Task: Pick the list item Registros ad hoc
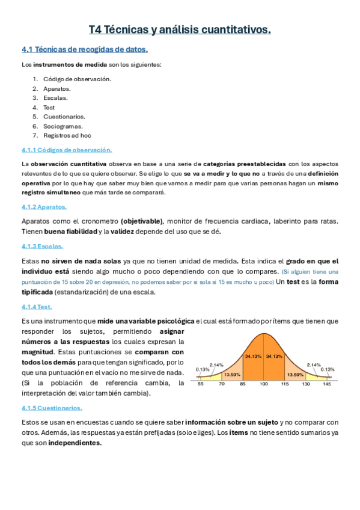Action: tap(67, 136)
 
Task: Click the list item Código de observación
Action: tap(77, 79)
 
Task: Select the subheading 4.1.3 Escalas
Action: tap(42, 246)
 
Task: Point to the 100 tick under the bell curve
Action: tap(263, 383)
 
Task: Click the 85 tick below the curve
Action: tap(242, 383)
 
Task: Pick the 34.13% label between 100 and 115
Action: tap(274, 356)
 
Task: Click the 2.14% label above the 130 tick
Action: tap(313, 364)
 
